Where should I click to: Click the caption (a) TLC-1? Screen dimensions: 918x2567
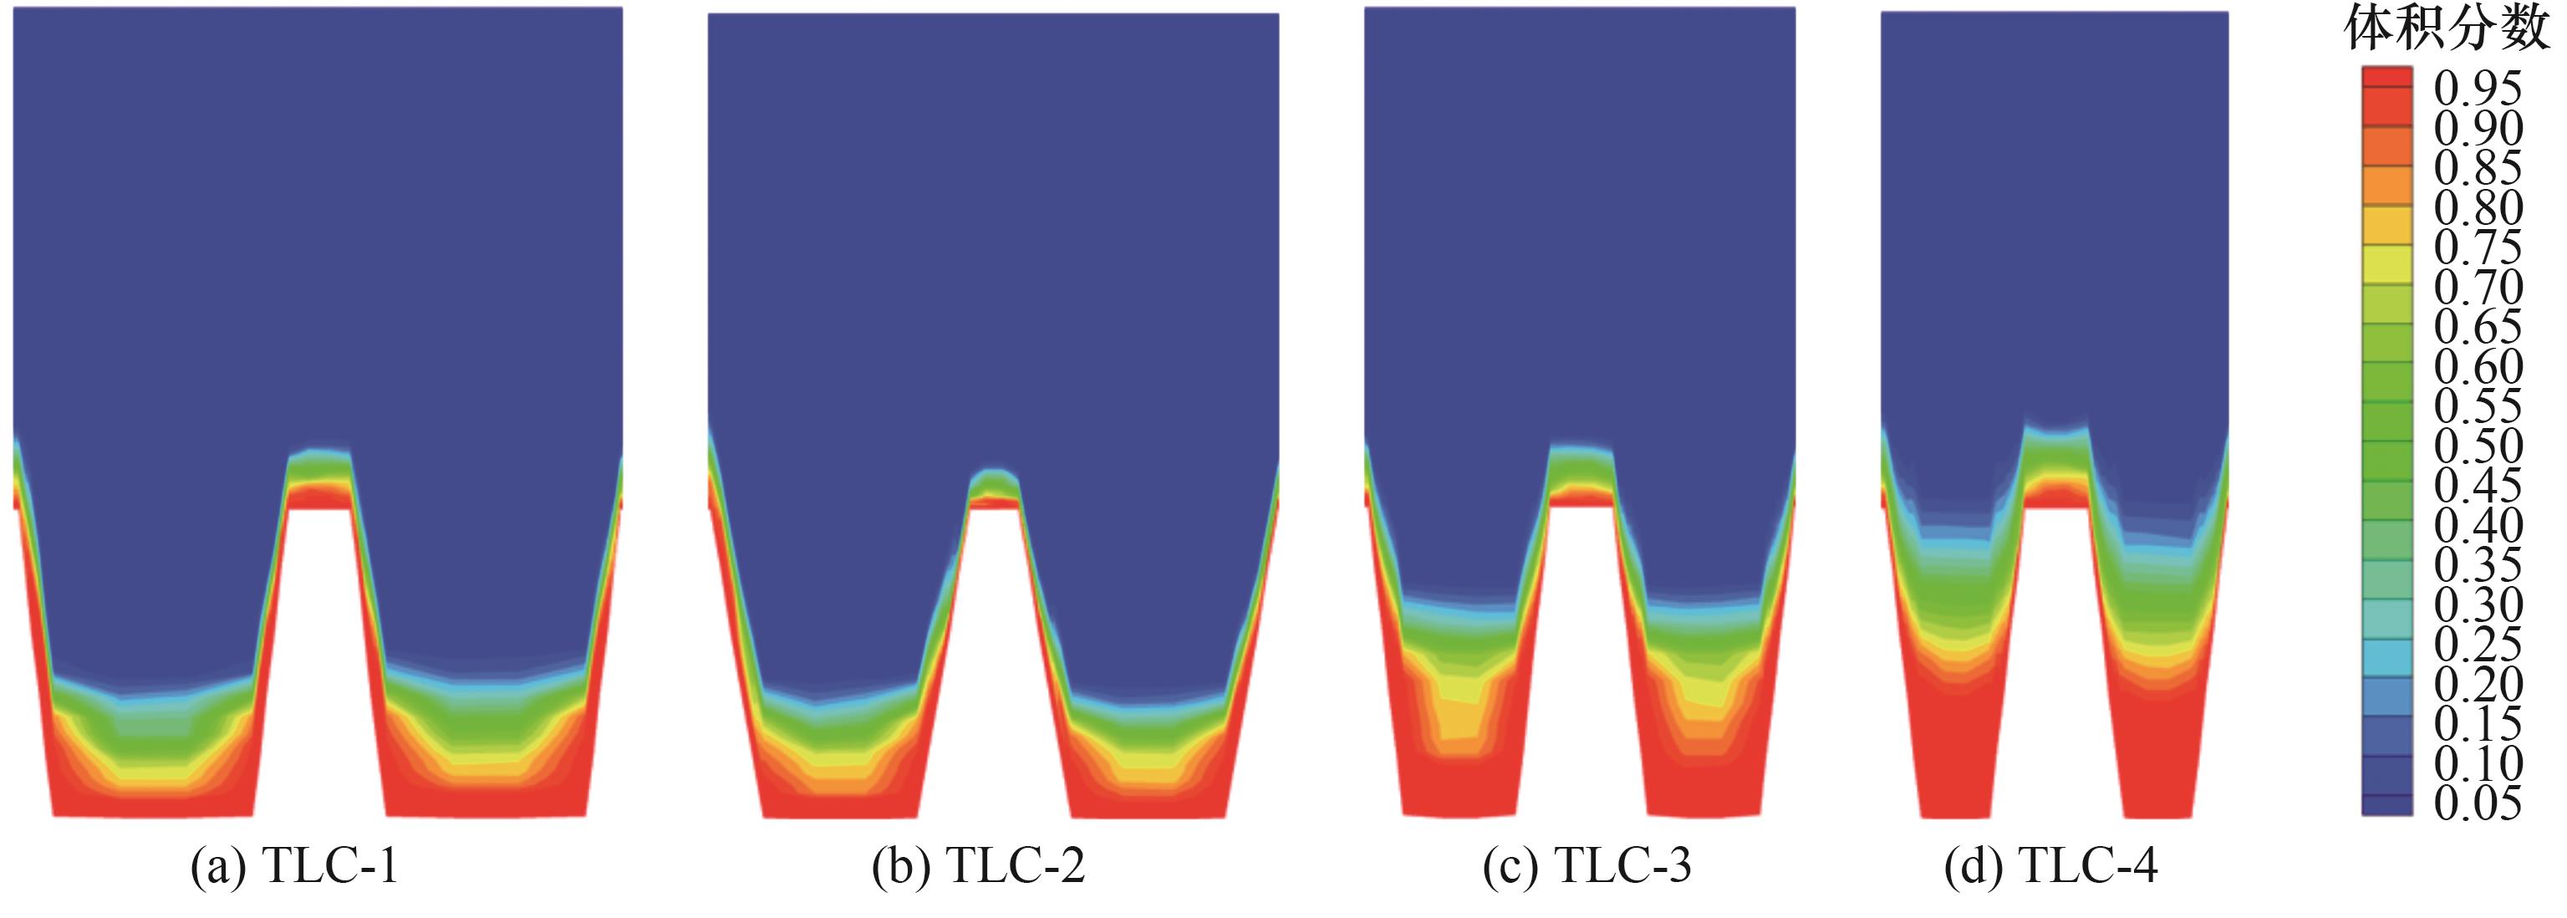(x=295, y=867)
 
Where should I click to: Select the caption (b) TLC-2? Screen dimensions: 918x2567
(x=979, y=867)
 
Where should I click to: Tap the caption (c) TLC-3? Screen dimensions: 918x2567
(x=1587, y=867)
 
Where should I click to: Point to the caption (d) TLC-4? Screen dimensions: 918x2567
(x=2050, y=867)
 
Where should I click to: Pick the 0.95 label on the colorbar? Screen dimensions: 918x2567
(x=2478, y=88)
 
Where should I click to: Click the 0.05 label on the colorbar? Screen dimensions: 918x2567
(x=2478, y=803)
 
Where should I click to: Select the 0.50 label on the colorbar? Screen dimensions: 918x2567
(x=2478, y=446)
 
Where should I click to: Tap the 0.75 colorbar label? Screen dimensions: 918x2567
(x=2478, y=247)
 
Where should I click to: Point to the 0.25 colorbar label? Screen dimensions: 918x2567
(x=2478, y=644)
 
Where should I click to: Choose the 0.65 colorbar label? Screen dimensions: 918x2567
(x=2478, y=327)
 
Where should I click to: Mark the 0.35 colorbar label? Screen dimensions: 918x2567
(x=2478, y=565)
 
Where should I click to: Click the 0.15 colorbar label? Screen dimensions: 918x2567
(x=2478, y=724)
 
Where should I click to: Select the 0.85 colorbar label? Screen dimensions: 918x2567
(x=2478, y=167)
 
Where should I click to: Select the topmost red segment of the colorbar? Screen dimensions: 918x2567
(x=2387, y=79)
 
